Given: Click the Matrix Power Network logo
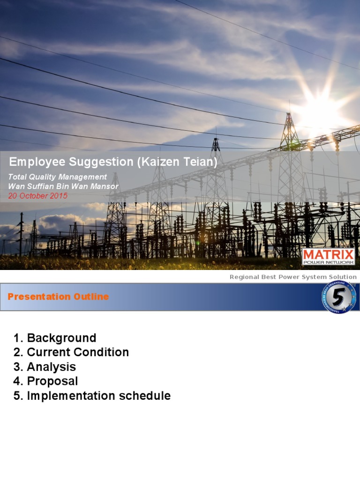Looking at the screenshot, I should click(328, 257).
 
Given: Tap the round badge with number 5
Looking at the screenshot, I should click(338, 297).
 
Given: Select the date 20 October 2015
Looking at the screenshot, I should click(38, 196).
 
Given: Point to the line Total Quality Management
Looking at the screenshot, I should click(58, 177).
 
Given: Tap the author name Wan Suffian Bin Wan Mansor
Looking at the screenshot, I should click(64, 187).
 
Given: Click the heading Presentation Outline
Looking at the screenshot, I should click(58, 297).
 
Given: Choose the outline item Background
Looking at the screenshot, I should click(61, 338).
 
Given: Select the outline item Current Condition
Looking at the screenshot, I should click(78, 352).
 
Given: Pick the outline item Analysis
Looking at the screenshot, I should click(51, 367).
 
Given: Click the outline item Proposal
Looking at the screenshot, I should click(52, 381).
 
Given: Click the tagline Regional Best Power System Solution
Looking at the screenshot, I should click(293, 277).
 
